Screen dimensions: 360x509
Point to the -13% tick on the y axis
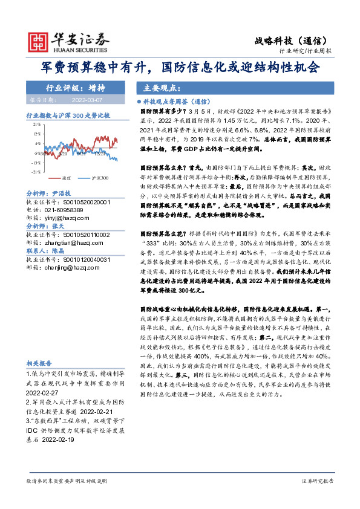coord(37,163)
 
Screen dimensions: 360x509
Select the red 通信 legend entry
coord(64,179)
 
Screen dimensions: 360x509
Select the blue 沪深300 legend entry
coord(97,179)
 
